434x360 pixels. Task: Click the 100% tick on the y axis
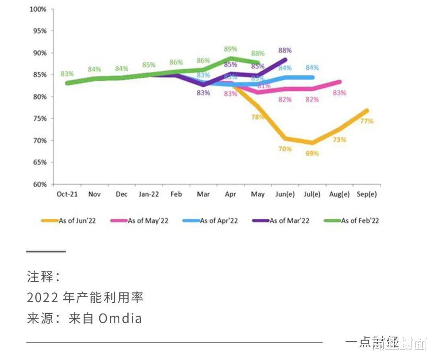(38, 9)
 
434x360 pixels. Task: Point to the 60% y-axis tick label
(39, 184)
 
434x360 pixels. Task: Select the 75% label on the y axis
(39, 119)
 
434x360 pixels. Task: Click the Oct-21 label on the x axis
(67, 194)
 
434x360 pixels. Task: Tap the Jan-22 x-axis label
(149, 194)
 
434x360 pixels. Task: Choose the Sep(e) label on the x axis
(367, 194)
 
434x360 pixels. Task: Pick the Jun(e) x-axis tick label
(285, 194)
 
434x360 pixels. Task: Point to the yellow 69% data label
(312, 153)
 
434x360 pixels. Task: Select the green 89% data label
(230, 49)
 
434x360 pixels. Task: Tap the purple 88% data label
(285, 51)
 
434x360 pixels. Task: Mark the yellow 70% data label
(285, 149)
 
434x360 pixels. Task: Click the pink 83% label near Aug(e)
(340, 93)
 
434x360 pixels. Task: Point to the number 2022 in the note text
(43, 298)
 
